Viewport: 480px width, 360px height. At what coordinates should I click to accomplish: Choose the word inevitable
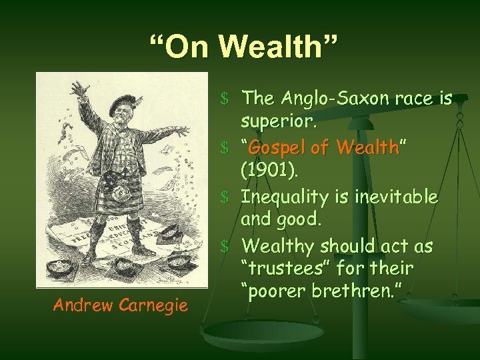(397, 197)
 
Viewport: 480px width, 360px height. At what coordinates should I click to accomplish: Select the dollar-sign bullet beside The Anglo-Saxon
(226, 99)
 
